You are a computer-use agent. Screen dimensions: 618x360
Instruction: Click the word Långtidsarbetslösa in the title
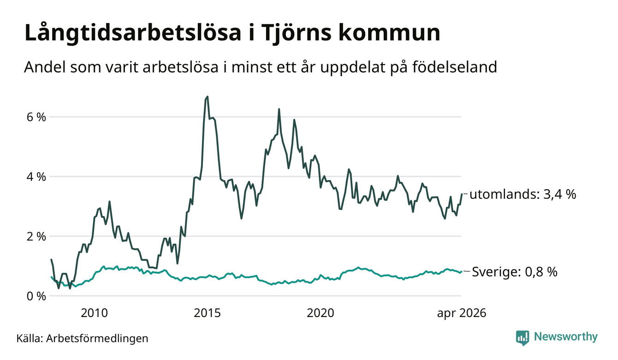[133, 33]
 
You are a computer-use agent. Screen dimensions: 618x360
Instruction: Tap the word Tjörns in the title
[294, 33]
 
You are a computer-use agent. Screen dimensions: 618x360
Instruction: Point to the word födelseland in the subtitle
[455, 67]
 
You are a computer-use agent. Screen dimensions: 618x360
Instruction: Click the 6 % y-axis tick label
[36, 117]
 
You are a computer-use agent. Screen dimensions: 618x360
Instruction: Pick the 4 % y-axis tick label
[36, 177]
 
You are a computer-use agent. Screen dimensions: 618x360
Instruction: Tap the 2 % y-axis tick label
[36, 237]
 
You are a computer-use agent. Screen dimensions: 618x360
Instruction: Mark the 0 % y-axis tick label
[36, 296]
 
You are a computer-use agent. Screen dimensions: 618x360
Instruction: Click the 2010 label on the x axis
[94, 313]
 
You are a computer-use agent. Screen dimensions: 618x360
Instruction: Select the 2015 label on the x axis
[207, 313]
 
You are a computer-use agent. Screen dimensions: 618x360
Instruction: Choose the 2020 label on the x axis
[321, 313]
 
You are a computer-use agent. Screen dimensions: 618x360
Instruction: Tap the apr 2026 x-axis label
[462, 313]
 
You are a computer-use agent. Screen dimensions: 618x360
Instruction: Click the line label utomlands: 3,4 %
[523, 194]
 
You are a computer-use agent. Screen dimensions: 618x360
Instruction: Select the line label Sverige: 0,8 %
[515, 272]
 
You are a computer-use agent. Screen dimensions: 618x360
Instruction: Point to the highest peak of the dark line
[207, 96]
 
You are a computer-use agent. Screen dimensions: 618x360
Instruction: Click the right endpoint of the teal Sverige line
[462, 271]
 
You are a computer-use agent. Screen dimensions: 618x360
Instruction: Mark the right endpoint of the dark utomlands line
[462, 194]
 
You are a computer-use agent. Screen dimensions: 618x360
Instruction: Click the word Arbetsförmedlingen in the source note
[97, 338]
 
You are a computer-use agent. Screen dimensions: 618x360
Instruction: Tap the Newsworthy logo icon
[523, 338]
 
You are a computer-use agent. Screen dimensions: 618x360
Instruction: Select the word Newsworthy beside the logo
[566, 337]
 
